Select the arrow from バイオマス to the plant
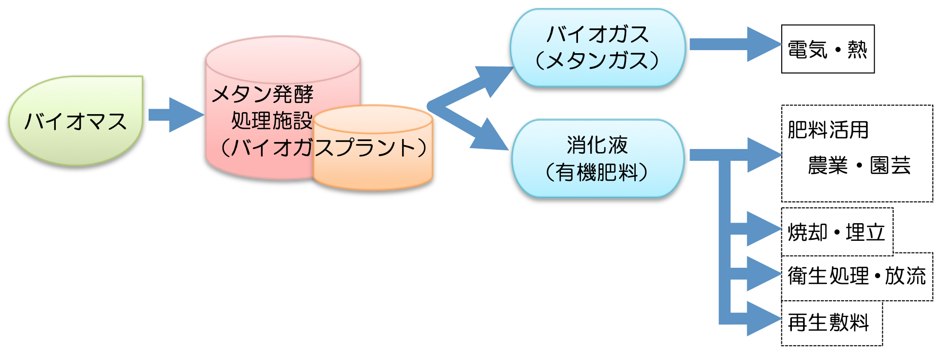(x=175, y=115)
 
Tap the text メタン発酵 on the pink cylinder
(x=262, y=94)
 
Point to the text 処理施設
(x=271, y=121)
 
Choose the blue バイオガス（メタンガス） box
(x=597, y=48)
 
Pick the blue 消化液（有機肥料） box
(x=597, y=158)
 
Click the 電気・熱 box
(x=827, y=49)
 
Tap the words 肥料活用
(x=828, y=130)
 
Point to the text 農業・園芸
(x=859, y=165)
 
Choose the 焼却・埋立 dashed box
(x=837, y=232)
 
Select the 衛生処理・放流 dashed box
(x=857, y=276)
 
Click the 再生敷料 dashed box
(x=831, y=323)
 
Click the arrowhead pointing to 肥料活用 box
(x=763, y=155)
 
